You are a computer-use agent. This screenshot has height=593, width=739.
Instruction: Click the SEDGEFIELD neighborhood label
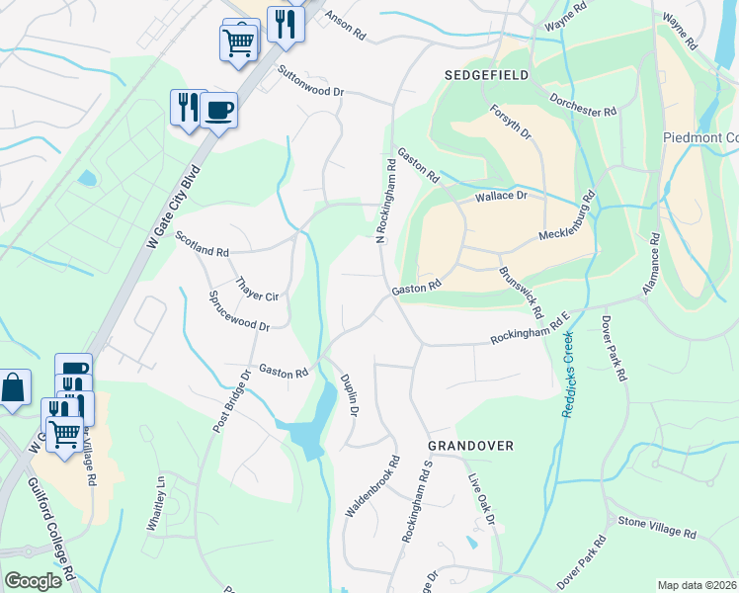(x=486, y=75)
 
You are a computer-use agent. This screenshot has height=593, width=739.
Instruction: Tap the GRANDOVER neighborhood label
(x=470, y=446)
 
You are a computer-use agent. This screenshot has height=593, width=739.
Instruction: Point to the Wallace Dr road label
(x=502, y=197)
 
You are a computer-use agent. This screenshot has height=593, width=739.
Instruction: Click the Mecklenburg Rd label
(x=568, y=224)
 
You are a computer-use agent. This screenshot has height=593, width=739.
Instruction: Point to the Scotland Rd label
(x=202, y=243)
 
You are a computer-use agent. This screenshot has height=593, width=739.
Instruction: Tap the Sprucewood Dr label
(x=238, y=309)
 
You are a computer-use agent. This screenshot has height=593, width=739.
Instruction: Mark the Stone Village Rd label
(x=657, y=527)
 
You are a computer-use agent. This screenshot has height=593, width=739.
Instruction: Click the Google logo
(x=33, y=581)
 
